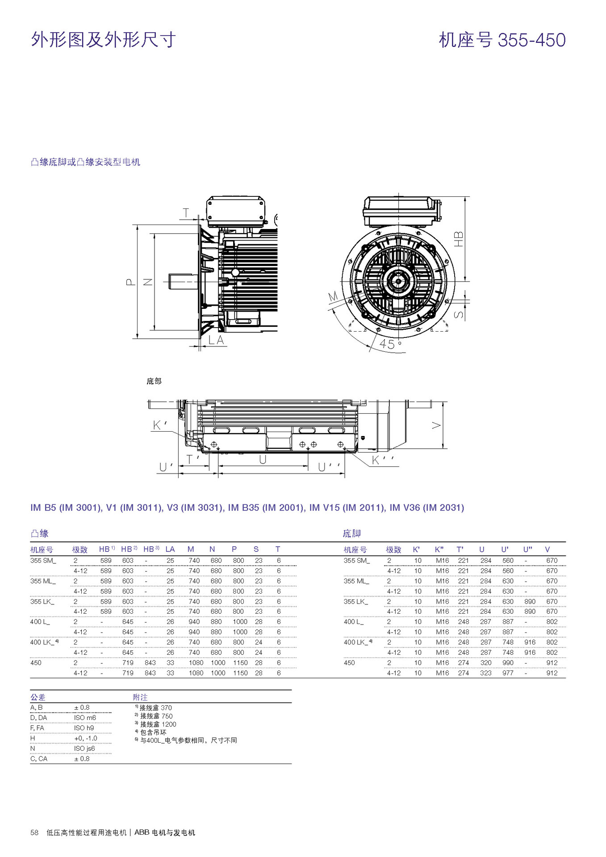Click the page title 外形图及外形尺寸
103,40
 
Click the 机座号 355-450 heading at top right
502,40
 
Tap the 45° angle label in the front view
389,344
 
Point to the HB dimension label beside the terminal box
459,239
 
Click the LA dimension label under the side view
216,340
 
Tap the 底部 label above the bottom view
154,381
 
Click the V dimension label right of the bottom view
437,425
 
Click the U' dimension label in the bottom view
165,467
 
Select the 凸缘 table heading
39,533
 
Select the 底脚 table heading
351,533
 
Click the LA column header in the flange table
170,549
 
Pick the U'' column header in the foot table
527,549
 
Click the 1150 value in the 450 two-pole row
240,663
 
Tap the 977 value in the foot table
508,673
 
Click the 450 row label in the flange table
36,663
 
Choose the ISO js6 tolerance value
84,749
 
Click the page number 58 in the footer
34,832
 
